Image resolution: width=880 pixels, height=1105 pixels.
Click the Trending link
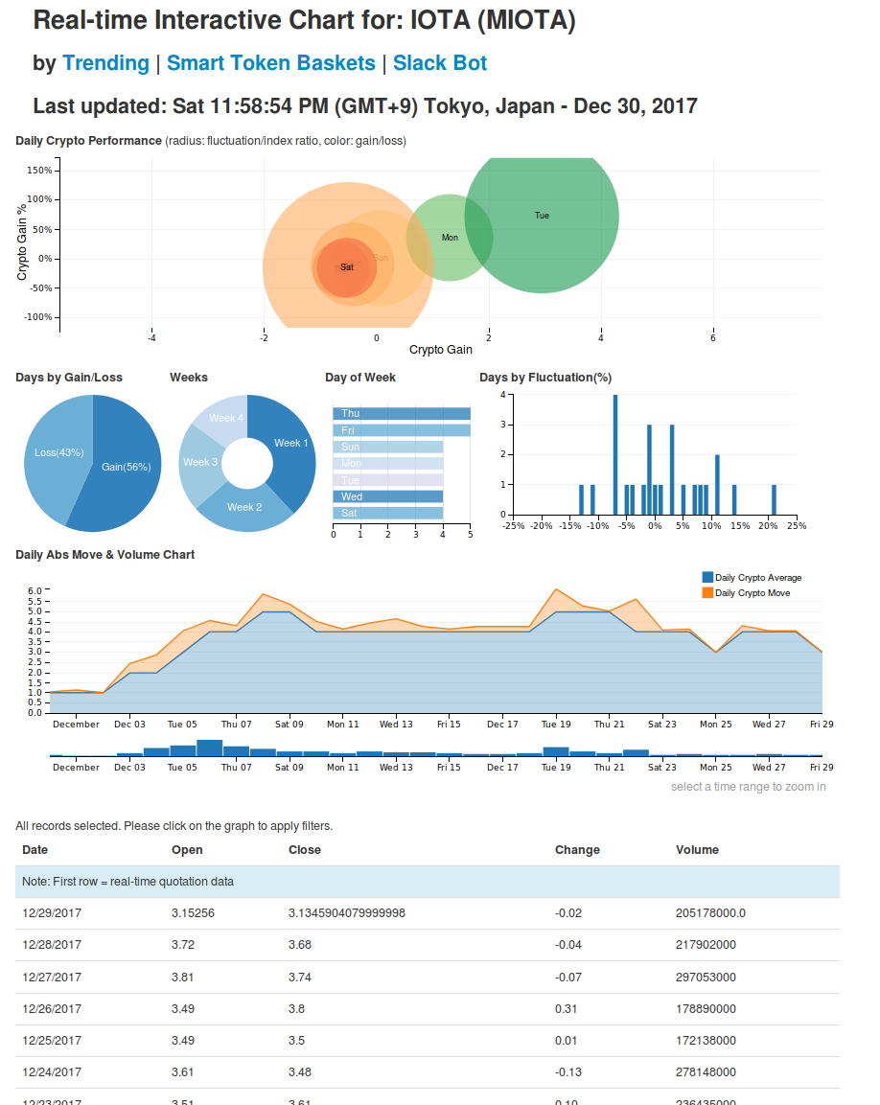pyautogui.click(x=105, y=63)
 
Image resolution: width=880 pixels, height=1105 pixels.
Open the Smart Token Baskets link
pyautogui.click(x=270, y=63)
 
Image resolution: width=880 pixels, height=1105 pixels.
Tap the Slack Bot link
pyautogui.click(x=439, y=63)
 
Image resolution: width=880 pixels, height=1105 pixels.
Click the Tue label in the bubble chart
pyautogui.click(x=542, y=216)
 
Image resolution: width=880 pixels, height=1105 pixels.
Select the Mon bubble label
pyautogui.click(x=450, y=237)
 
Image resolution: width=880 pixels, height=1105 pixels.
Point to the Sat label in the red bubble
pyautogui.click(x=347, y=267)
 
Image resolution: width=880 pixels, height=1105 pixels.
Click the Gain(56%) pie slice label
pyautogui.click(x=127, y=468)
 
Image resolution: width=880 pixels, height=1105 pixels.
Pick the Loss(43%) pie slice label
pyautogui.click(x=59, y=452)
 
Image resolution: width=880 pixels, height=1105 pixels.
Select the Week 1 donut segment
pyautogui.click(x=291, y=443)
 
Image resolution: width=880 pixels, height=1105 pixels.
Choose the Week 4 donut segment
pyautogui.click(x=226, y=418)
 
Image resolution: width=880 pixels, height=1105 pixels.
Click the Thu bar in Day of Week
pyautogui.click(x=402, y=413)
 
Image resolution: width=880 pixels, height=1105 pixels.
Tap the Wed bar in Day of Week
pyautogui.click(x=388, y=496)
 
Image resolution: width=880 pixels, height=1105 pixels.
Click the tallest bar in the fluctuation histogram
pyautogui.click(x=615, y=454)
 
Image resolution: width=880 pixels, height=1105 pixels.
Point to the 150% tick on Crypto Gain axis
pyautogui.click(x=39, y=171)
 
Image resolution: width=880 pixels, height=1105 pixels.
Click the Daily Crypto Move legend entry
pyautogui.click(x=752, y=593)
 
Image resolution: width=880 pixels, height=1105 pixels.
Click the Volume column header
pyautogui.click(x=697, y=850)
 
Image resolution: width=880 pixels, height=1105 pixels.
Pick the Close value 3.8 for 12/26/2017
pyautogui.click(x=297, y=1008)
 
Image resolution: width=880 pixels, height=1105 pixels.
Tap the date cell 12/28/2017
pyautogui.click(x=52, y=945)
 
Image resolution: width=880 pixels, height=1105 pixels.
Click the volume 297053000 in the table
pyautogui.click(x=706, y=977)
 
